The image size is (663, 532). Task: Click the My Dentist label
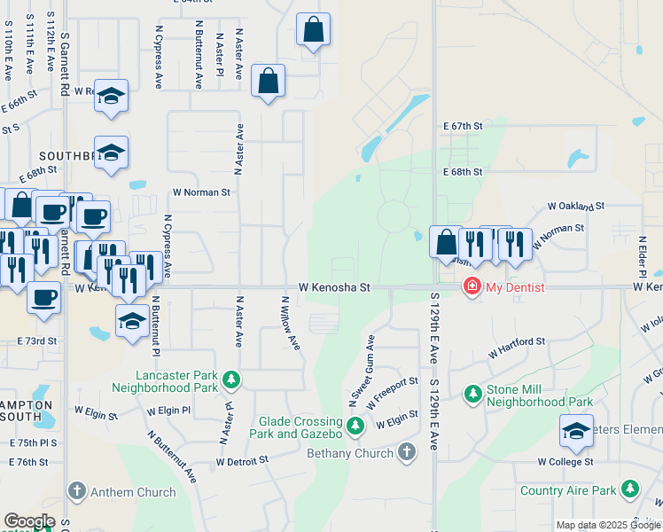pos(513,287)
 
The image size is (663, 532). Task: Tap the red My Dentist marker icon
pos(472,286)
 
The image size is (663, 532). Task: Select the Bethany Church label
pos(350,454)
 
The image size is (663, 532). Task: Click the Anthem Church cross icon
pos(76,491)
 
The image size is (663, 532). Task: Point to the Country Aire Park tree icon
pos(630,489)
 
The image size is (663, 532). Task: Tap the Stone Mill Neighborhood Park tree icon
pos(472,393)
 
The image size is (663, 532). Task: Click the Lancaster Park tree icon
pos(231,380)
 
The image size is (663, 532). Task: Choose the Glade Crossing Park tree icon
pos(355,427)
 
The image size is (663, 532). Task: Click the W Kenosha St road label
pos(333,287)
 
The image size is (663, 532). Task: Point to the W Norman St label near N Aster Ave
pos(201,192)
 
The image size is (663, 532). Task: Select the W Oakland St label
pos(576,206)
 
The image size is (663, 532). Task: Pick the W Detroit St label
pos(242,462)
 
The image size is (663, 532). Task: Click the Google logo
pos(29,521)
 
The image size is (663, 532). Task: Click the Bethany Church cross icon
pos(407,452)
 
